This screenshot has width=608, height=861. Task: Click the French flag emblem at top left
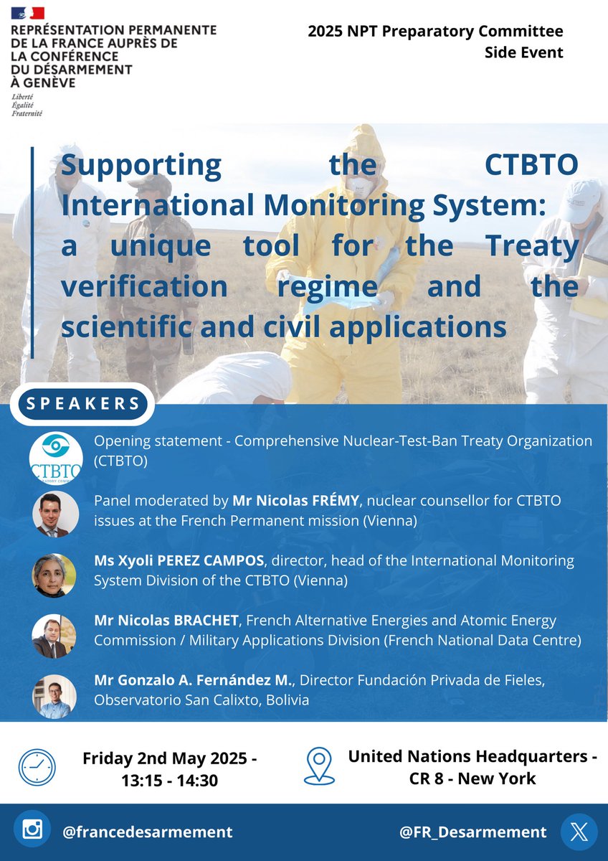(x=27, y=12)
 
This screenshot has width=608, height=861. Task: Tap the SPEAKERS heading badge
(x=83, y=403)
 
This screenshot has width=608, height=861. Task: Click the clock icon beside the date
(x=37, y=768)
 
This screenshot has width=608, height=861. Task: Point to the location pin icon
(x=318, y=766)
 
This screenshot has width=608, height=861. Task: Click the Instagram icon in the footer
(x=32, y=832)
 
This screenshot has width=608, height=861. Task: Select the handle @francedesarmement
(x=147, y=832)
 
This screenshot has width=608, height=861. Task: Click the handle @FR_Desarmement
(x=473, y=832)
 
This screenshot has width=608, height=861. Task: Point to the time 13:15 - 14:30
(x=169, y=778)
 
